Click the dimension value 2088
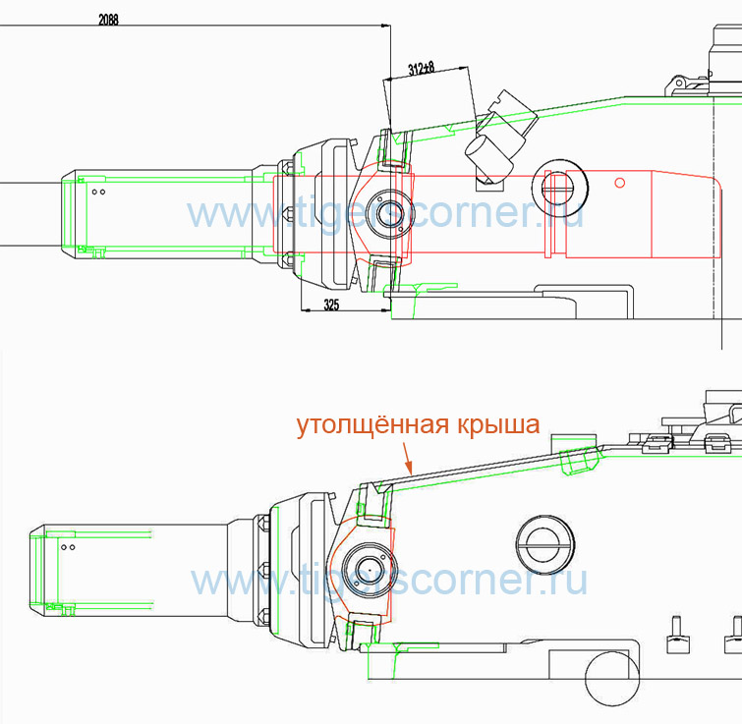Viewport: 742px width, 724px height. coord(108,20)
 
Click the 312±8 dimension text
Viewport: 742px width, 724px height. coord(422,69)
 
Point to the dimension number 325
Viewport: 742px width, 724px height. coord(331,305)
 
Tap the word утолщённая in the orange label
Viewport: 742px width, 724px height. coord(371,424)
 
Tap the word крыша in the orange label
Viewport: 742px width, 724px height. coord(498,425)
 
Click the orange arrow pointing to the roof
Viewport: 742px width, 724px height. coord(408,458)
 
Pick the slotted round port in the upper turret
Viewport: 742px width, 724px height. coord(560,188)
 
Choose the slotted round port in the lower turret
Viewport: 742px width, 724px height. coord(545,544)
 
